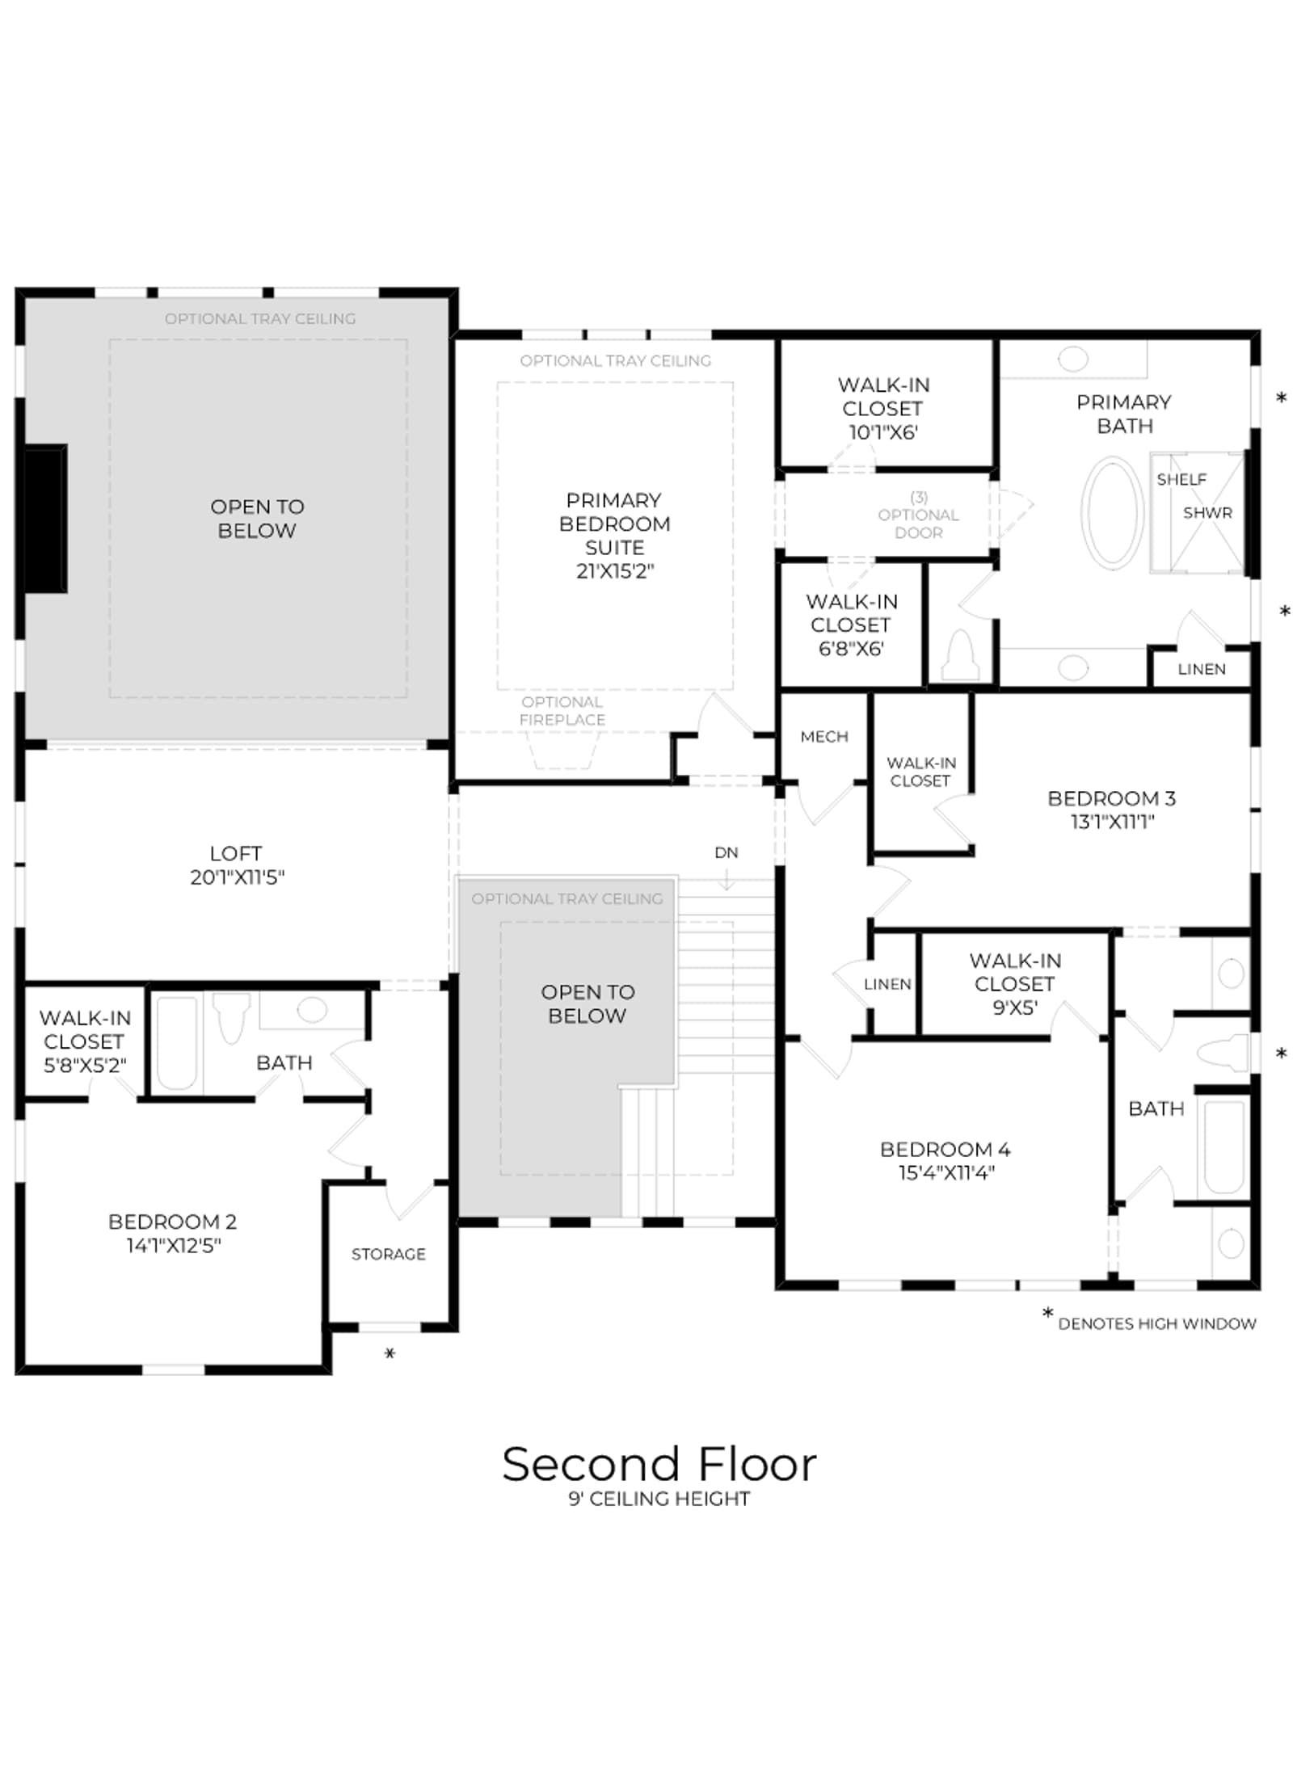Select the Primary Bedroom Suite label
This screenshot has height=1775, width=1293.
[x=614, y=536]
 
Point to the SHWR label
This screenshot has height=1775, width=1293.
[x=1207, y=513]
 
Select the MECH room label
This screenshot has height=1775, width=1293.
[x=824, y=737]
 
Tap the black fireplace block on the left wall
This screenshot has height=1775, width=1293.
[x=45, y=519]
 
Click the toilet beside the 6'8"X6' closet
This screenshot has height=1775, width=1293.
[x=961, y=655]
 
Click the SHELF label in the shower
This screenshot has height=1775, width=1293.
[x=1181, y=480]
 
